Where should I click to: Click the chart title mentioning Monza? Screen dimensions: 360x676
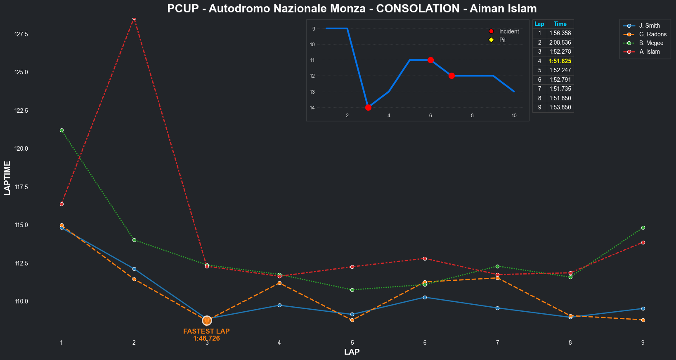click(x=352, y=9)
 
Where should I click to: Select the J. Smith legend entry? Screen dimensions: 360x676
click(x=649, y=26)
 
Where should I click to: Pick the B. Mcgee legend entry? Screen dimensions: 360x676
click(x=651, y=43)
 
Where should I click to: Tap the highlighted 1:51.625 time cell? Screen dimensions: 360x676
click(x=560, y=61)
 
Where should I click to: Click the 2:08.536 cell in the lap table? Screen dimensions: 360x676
click(x=560, y=43)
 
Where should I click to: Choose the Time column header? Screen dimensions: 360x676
click(x=560, y=24)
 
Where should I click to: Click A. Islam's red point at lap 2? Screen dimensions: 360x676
click(x=134, y=18)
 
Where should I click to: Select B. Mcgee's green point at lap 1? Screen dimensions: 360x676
click(x=61, y=130)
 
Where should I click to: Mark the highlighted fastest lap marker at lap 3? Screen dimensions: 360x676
click(x=207, y=320)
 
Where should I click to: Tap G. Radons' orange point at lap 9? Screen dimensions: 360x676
click(x=643, y=320)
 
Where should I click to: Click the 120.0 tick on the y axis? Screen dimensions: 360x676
click(x=21, y=149)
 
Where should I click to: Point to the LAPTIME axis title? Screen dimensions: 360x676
click(x=7, y=178)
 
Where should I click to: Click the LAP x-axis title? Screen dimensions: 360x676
click(x=352, y=352)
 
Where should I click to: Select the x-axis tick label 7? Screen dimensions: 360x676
click(x=497, y=343)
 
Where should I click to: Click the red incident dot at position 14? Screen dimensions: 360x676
click(x=368, y=107)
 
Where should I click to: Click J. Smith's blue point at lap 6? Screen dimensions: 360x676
click(x=425, y=297)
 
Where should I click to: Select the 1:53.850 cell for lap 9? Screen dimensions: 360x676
click(x=560, y=107)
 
